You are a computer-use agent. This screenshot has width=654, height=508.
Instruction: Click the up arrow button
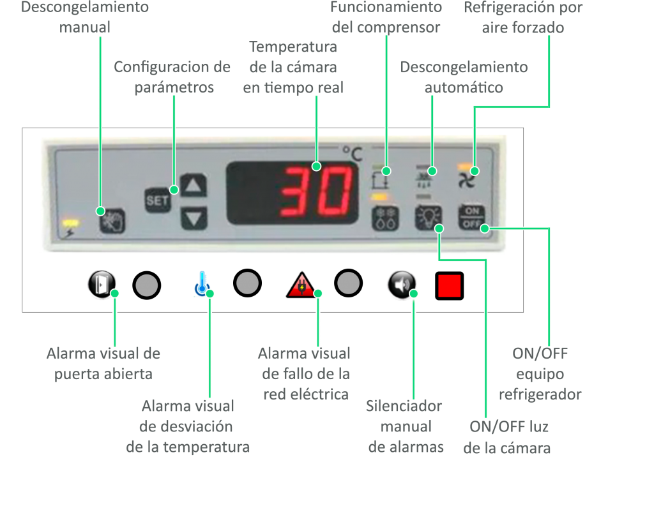tap(194, 186)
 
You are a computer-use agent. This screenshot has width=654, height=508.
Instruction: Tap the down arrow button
tap(194, 218)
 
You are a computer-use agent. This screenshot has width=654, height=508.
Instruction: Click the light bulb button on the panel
tap(427, 218)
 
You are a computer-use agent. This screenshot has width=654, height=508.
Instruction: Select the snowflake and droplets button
tap(385, 217)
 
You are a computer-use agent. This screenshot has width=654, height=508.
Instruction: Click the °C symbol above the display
tap(351, 154)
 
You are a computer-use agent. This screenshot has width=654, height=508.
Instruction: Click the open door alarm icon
tap(102, 284)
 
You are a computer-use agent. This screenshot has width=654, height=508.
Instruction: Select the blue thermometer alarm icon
tap(202, 285)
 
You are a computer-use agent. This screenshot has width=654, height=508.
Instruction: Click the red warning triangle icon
tap(300, 285)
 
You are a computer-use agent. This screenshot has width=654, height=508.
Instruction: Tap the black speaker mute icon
tap(401, 285)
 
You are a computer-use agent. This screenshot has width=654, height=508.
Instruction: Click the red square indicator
tap(449, 286)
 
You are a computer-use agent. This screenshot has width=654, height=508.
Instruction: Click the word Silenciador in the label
tap(404, 406)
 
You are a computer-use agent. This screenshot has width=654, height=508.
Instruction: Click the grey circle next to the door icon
tap(147, 285)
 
